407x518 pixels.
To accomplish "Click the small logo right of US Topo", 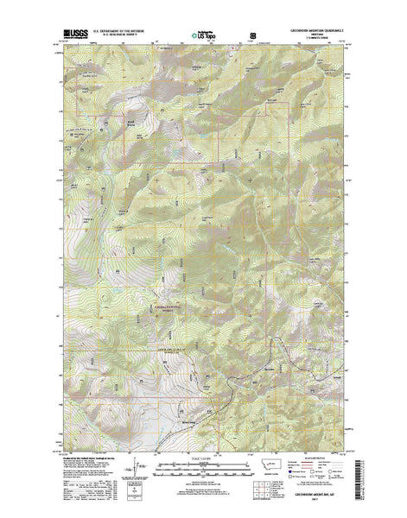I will pyautogui.click(x=252, y=34).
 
